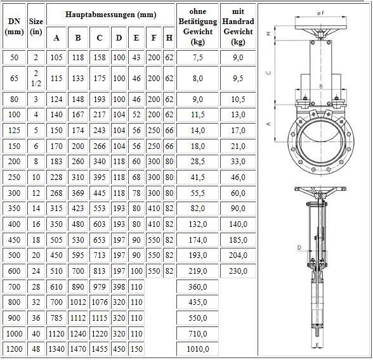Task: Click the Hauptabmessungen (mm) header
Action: pos(110,15)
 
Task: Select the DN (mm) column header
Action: pos(14,27)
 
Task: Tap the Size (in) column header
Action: pos(36,27)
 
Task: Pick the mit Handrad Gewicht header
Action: pos(238,27)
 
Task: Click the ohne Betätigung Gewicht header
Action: pos(198,27)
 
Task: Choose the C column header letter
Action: pos(100,38)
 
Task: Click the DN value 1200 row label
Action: pos(14,349)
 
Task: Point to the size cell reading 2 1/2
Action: pos(36,78)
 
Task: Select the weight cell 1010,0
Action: pos(198,349)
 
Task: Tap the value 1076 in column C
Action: pos(100,302)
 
